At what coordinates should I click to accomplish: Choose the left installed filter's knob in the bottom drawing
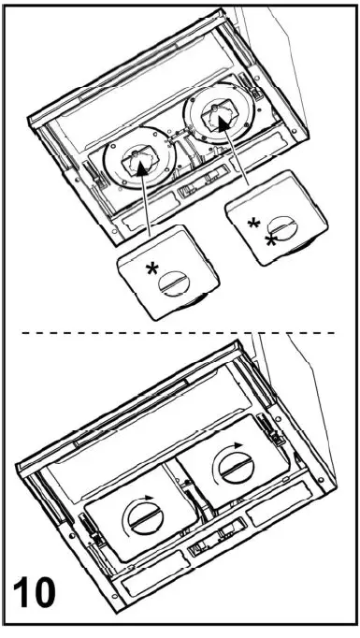click(145, 518)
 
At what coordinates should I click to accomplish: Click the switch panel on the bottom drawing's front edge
click(209, 545)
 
